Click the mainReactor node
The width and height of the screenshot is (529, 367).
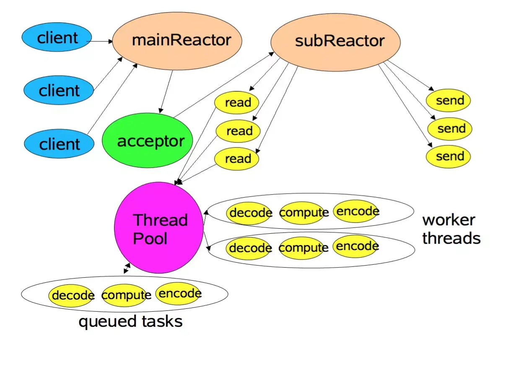177,41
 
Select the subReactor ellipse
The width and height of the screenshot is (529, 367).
335,42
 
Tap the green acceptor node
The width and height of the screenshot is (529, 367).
148,140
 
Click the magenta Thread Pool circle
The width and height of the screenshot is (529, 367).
159,227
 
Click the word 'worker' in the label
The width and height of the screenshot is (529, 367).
449,220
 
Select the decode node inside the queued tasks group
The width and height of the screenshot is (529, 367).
71,295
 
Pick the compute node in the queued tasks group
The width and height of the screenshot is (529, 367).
125,295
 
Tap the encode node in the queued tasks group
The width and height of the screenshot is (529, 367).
179,294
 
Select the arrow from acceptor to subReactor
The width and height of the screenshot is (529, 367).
224,85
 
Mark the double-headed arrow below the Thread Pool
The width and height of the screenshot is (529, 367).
127,268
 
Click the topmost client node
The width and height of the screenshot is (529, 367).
57,37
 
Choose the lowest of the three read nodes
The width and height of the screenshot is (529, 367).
237,159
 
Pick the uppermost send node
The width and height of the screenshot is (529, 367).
448,100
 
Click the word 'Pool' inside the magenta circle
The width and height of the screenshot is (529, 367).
150,238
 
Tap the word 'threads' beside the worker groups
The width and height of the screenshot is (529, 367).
451,238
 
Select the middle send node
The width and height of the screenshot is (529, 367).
450,129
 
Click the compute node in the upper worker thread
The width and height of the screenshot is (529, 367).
303,213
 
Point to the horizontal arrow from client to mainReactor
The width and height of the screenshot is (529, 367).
100,41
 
